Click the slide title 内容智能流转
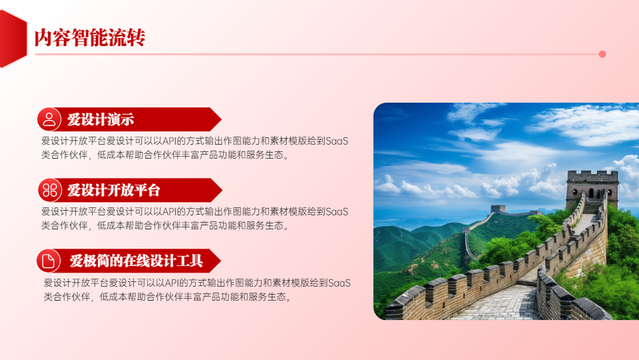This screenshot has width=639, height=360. pos(89,38)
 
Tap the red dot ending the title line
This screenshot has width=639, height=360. pos(602,54)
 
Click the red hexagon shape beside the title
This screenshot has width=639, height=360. pos(13,39)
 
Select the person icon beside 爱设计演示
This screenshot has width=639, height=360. pos(49,120)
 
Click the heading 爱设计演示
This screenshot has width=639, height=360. pos(101,120)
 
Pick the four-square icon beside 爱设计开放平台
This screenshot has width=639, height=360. pos(50,190)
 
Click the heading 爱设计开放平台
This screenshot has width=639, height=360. pos(114,190)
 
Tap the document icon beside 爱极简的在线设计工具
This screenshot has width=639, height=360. pos(48,260)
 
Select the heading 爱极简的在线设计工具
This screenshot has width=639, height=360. pos(136,260)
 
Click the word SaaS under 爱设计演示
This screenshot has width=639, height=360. pos(337,141)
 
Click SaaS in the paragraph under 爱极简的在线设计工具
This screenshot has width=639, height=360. pos(339,283)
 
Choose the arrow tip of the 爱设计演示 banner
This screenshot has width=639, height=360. pos(221,120)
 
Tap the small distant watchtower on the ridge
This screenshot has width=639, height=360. pos(498,208)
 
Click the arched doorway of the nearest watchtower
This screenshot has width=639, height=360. pos(591,194)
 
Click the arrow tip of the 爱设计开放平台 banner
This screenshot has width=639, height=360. pos(222,190)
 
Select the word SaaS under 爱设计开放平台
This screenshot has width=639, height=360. pos(337,212)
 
